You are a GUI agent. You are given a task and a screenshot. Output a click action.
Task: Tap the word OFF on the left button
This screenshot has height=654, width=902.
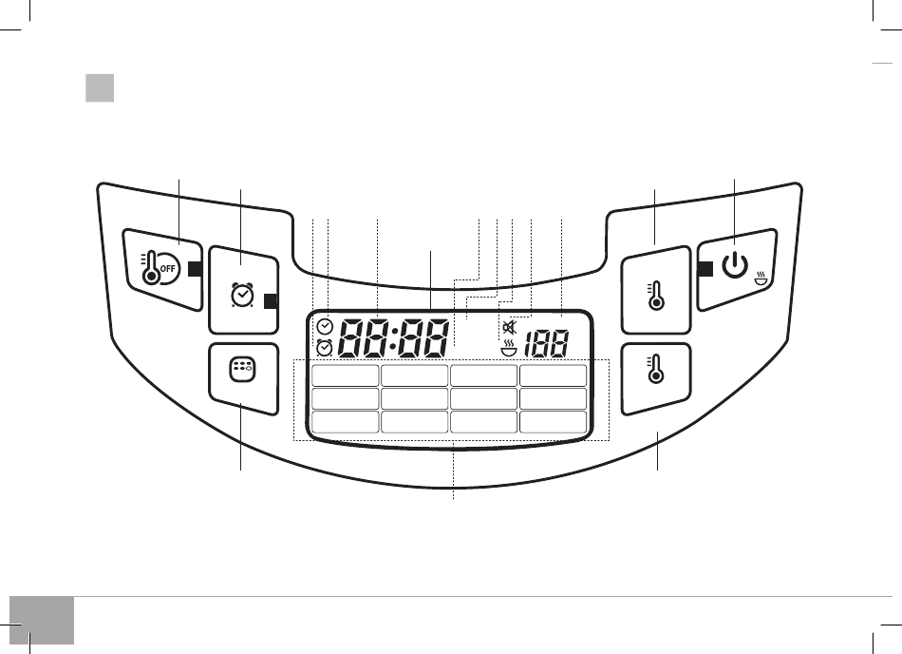pos(167,269)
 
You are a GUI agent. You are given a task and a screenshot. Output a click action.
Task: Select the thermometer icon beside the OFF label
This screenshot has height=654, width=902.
pos(150,269)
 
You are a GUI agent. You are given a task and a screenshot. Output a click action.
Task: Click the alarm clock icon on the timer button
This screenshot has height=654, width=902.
pos(241,295)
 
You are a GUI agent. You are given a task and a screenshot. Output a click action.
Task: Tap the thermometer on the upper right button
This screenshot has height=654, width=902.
pos(656,297)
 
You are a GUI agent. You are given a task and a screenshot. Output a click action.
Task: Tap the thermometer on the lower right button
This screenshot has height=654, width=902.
pos(656,370)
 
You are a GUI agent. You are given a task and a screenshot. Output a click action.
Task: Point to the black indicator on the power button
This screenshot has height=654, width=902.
pos(705,269)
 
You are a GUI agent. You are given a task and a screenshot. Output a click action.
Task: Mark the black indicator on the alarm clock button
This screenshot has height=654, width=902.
pos(271,301)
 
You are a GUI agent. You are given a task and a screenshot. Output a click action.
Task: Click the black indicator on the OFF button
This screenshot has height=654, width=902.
pos(195,269)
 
